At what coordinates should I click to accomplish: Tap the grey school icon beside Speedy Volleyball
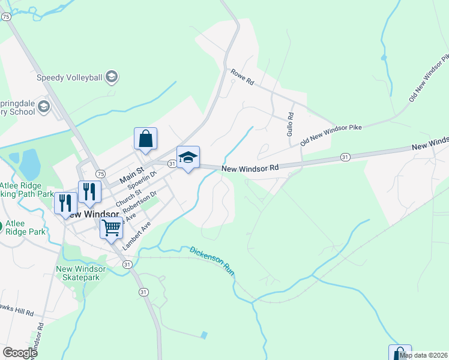tap(111, 77)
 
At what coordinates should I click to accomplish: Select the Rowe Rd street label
tap(243, 79)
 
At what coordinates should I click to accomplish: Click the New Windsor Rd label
tap(250, 169)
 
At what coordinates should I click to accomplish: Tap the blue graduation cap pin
tap(188, 158)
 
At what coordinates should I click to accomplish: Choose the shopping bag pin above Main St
tap(145, 139)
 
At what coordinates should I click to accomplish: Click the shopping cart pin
tap(112, 229)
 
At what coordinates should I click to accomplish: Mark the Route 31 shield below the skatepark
tap(143, 292)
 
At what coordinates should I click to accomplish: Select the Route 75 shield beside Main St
tap(101, 173)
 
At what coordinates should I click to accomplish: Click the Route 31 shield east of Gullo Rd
tap(345, 157)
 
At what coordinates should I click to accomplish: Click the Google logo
tap(20, 353)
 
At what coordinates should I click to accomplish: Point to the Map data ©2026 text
tap(424, 355)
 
